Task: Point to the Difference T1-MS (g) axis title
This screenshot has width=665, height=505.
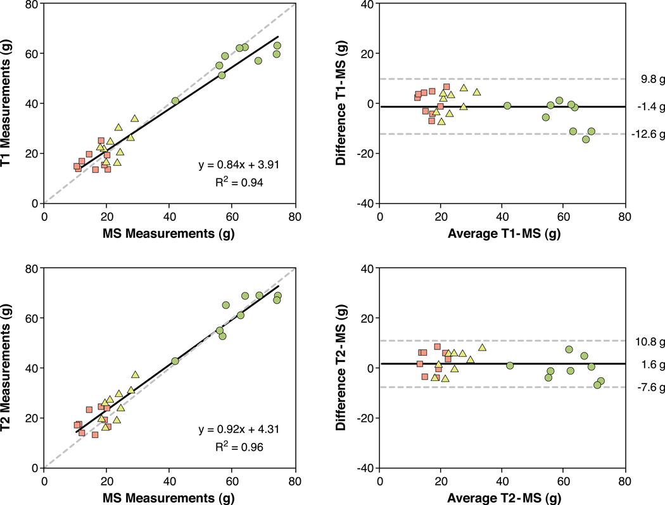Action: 343,103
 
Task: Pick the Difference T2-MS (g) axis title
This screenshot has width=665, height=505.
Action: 343,368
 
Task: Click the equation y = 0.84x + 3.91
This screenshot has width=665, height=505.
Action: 243,165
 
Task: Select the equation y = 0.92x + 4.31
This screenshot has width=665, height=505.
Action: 243,430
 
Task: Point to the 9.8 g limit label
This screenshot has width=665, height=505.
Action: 645,79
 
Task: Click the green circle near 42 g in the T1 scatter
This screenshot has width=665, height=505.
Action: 175,101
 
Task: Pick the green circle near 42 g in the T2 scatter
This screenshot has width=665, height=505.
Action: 175,361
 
